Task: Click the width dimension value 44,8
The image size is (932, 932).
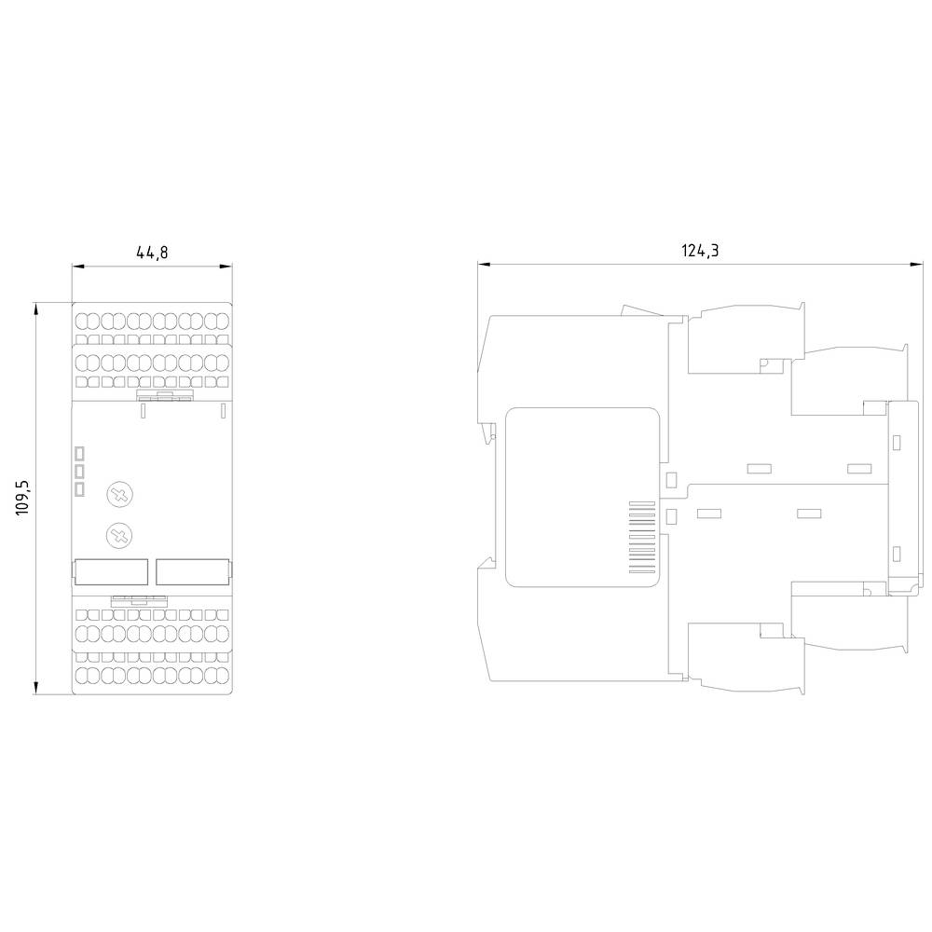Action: click(152, 252)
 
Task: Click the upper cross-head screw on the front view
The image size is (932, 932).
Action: click(118, 495)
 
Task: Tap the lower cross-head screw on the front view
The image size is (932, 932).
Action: click(118, 534)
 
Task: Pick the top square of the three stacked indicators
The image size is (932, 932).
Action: click(80, 454)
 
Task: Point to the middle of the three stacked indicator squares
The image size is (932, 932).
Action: click(80, 472)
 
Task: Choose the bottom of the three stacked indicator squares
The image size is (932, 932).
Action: click(80, 488)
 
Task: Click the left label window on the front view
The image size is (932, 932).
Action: click(111, 570)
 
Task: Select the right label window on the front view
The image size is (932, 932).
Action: click(192, 570)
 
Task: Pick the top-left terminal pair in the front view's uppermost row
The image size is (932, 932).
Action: click(86, 320)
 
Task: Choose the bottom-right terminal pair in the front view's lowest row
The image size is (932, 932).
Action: click(217, 674)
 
